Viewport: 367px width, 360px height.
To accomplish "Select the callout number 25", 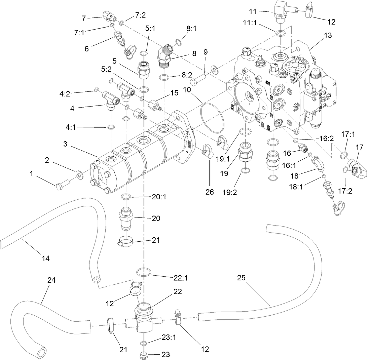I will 241,278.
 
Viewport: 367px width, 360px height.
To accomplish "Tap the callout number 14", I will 46,258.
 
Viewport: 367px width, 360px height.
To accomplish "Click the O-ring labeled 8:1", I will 179,42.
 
